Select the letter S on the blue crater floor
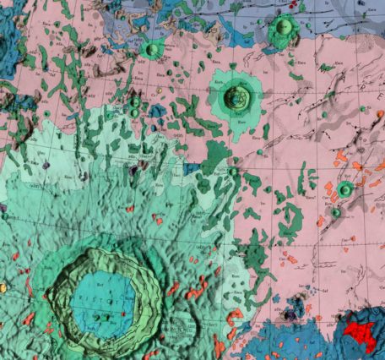[x=92, y=301]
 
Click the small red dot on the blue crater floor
[x=123, y=314]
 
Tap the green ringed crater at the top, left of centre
[x=152, y=50]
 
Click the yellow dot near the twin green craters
[x=159, y=89]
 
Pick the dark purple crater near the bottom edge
[x=295, y=314]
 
